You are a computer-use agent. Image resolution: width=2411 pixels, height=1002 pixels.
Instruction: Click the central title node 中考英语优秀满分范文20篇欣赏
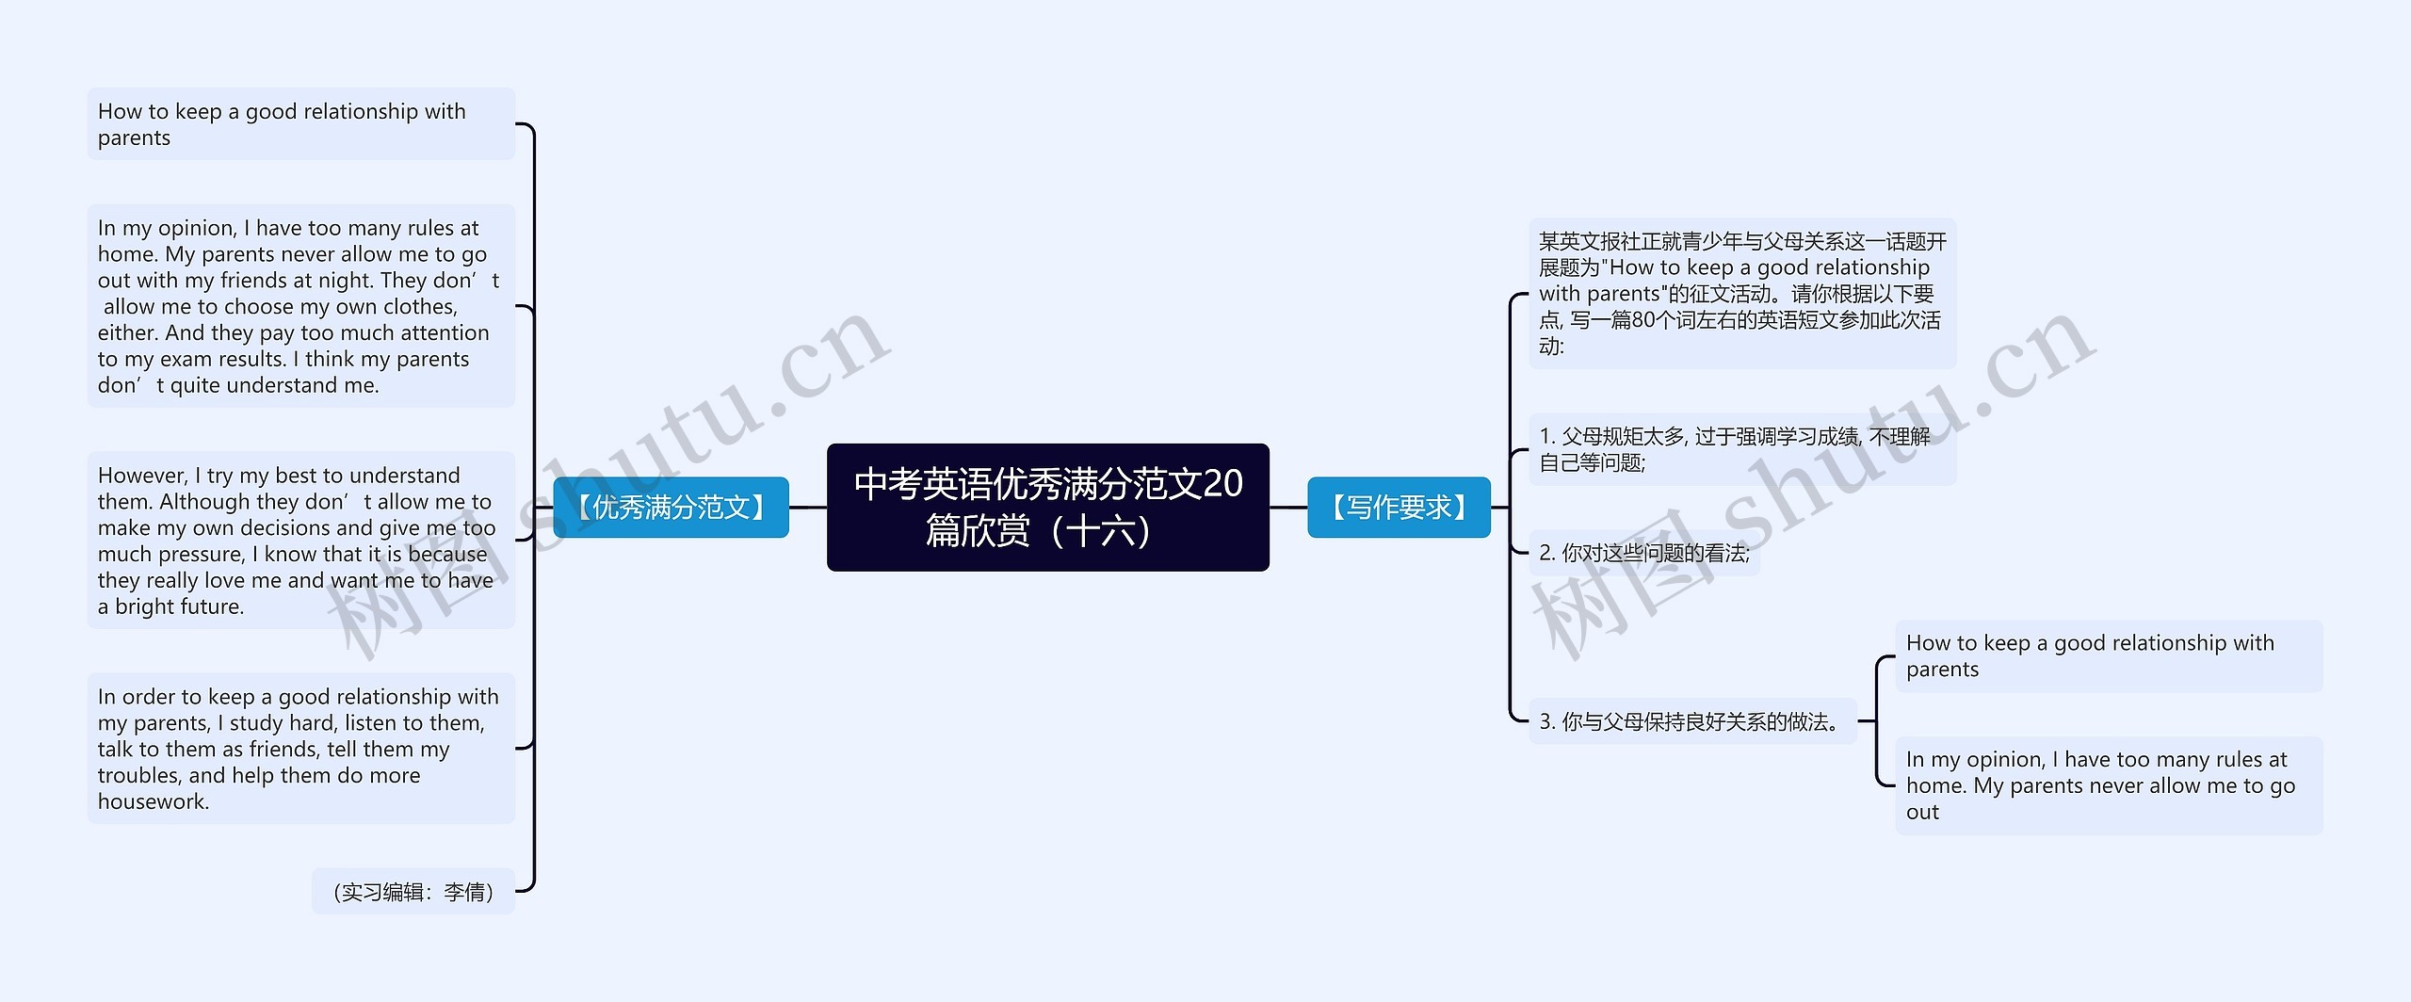1047,507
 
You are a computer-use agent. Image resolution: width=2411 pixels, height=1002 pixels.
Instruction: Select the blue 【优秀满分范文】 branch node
671,508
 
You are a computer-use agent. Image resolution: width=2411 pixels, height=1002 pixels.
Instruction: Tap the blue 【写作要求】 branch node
1399,508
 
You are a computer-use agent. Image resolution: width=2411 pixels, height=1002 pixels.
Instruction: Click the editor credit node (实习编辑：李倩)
413,891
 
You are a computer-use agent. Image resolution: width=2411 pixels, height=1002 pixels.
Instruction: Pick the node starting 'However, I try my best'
300,541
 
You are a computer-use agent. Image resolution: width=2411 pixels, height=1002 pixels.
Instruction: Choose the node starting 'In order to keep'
300,749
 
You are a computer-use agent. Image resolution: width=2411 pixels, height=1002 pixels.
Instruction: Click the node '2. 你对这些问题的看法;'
1643,553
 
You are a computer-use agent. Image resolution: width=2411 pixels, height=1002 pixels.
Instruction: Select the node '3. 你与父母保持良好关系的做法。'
1691,721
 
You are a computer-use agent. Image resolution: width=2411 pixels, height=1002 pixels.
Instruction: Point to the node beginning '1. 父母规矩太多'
1740,449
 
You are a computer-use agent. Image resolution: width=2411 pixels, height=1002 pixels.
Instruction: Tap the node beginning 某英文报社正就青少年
1740,293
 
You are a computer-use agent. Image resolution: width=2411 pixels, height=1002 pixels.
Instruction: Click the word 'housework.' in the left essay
154,801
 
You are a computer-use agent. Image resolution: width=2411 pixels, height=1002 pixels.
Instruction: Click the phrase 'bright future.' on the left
179,606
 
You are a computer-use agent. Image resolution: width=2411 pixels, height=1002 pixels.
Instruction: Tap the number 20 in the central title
1222,483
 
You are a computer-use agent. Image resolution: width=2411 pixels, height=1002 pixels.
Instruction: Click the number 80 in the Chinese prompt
1642,320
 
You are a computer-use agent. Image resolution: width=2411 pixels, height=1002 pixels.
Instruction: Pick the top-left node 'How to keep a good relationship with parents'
300,124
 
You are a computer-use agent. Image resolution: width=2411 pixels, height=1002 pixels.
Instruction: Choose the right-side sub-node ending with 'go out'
2108,785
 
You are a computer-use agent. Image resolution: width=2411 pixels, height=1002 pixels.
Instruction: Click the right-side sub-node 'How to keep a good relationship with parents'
2108,656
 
